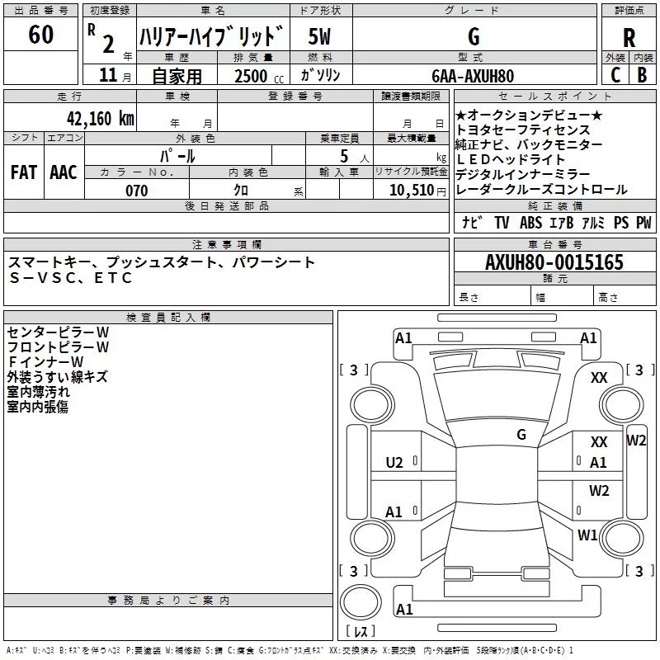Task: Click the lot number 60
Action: click(x=40, y=35)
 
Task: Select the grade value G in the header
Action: click(x=473, y=36)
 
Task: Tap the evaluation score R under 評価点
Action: click(x=629, y=38)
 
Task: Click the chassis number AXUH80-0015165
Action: click(x=554, y=262)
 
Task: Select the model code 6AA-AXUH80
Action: click(x=472, y=76)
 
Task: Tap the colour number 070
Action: click(x=137, y=191)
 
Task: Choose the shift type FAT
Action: click(x=24, y=172)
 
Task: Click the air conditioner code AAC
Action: click(x=63, y=172)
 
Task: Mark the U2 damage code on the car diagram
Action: click(x=394, y=462)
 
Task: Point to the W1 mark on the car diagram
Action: click(x=587, y=535)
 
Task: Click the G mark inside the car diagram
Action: click(x=521, y=434)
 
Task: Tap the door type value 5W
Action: click(x=320, y=36)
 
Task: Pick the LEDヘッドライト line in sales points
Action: click(x=511, y=159)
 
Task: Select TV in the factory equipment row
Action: click(x=502, y=223)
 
